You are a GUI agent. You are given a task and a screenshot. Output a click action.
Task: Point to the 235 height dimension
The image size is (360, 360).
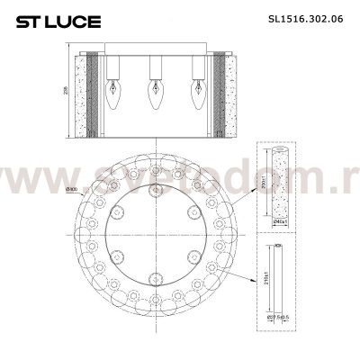click(x=66, y=91)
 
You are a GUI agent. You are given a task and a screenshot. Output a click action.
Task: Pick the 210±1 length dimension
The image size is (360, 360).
click(x=261, y=282)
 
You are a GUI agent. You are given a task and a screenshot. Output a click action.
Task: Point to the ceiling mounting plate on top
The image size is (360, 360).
click(x=154, y=45)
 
